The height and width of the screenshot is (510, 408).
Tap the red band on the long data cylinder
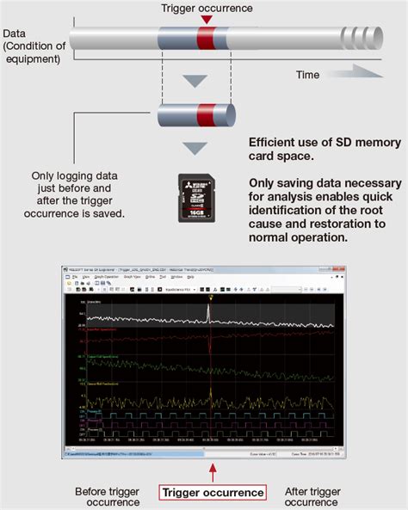206,39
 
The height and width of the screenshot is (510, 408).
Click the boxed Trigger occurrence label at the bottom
213,493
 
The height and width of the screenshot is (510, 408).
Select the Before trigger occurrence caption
108,497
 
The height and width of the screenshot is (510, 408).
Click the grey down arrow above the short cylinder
198,82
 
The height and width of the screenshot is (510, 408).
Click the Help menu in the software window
190,277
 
